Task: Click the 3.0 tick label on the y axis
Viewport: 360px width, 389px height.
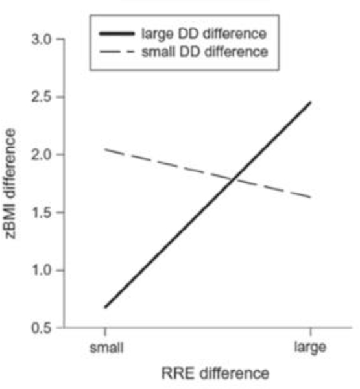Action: (45, 40)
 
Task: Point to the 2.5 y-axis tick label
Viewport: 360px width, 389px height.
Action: (45, 97)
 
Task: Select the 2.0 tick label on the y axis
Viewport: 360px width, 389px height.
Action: (45, 155)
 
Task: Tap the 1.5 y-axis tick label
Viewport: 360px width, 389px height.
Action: (45, 213)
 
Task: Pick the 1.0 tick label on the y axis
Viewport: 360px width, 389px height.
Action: (45, 270)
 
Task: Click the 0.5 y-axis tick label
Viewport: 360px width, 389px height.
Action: (45, 328)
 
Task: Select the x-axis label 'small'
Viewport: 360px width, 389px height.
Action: (105, 347)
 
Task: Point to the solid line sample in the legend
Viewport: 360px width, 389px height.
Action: (117, 32)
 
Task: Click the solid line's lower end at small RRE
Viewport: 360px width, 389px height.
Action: (104, 307)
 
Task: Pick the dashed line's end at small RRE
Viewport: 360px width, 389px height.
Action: (104, 149)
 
